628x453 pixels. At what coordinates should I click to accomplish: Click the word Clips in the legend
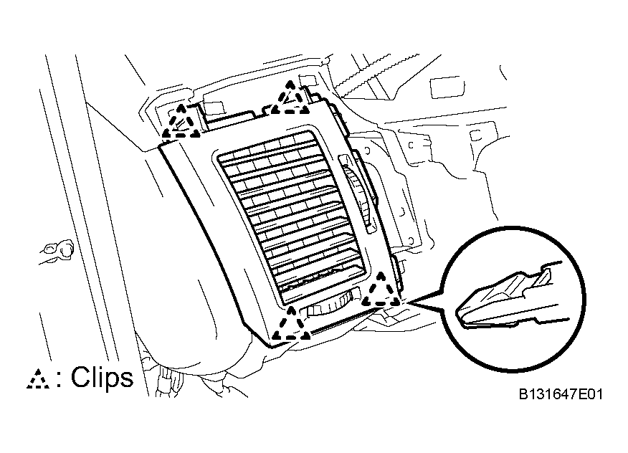[x=102, y=377]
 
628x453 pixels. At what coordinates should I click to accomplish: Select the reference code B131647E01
[x=561, y=394]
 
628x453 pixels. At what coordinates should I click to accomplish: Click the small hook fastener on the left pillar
[x=58, y=251]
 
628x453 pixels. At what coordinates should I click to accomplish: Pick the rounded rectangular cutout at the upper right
[x=447, y=87]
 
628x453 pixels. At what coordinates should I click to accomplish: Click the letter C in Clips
[x=81, y=377]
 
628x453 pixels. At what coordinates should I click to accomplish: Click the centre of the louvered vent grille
[x=291, y=216]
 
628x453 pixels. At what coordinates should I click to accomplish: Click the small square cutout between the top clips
[x=214, y=109]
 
